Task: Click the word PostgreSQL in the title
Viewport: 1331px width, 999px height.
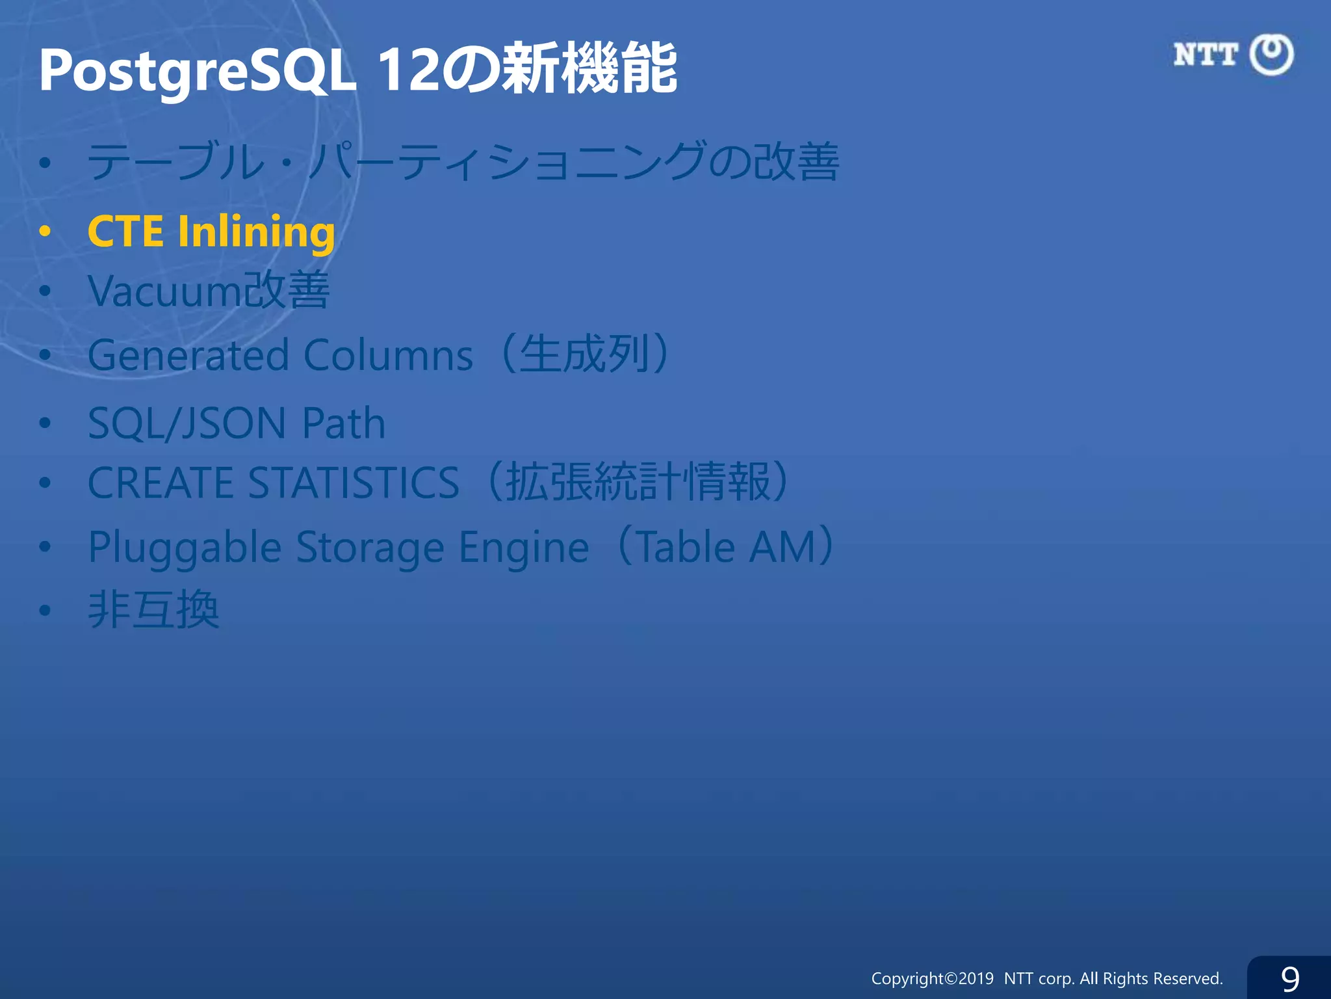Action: click(x=197, y=70)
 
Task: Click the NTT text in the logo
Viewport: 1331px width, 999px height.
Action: click(x=1206, y=55)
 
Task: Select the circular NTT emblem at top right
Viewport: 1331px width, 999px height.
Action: click(x=1272, y=55)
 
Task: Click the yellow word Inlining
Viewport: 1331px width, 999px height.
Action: click(x=256, y=232)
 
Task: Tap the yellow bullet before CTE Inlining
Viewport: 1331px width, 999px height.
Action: click(x=45, y=231)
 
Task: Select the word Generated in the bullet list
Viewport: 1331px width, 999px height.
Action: click(x=188, y=356)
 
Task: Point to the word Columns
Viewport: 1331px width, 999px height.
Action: click(x=388, y=356)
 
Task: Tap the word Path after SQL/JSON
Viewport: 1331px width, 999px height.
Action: click(x=344, y=423)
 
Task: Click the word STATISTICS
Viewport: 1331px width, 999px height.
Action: click(x=354, y=483)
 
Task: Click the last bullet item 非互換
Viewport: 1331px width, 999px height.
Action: click(x=153, y=610)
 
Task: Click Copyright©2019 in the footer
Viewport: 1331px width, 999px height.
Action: click(x=932, y=978)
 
